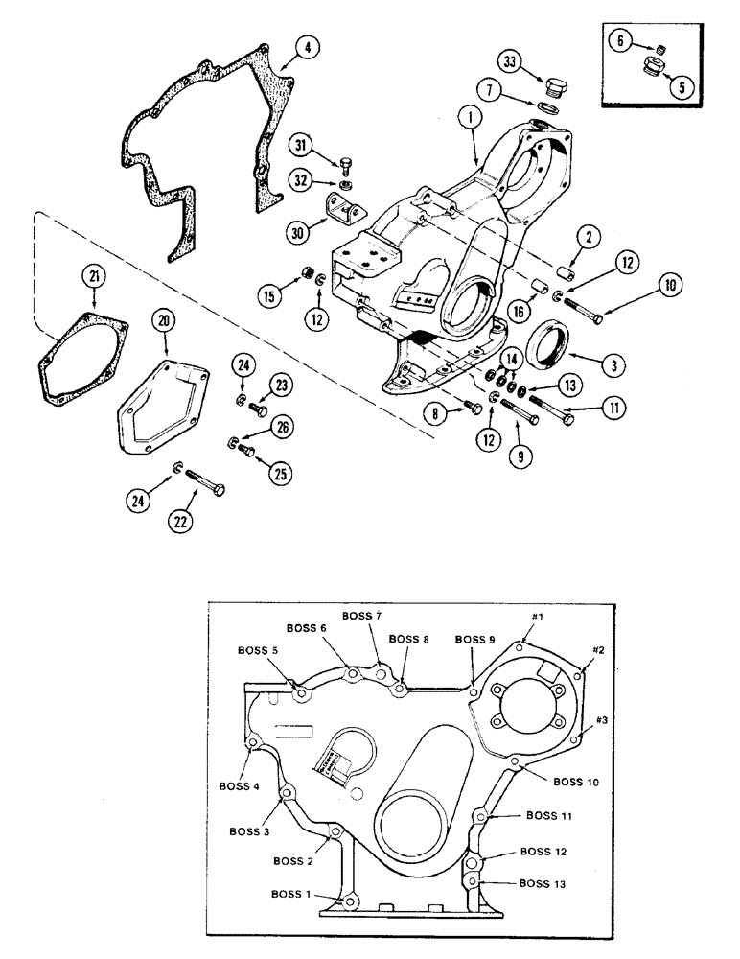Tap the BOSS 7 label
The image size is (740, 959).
[x=360, y=615]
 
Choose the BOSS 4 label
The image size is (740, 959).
[x=243, y=787]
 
